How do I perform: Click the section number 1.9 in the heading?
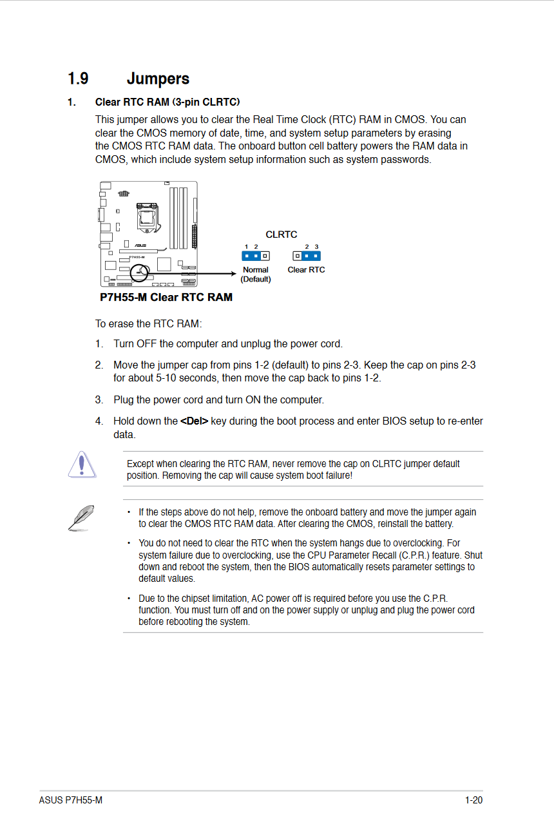78,79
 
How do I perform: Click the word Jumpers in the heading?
158,79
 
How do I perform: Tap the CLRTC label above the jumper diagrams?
282,235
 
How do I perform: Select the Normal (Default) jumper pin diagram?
256,256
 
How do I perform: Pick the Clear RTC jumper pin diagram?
306,256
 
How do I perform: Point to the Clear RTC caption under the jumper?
306,270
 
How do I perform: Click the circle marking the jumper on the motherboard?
139,274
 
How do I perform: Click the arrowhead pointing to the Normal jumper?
233,274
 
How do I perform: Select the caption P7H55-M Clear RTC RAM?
166,297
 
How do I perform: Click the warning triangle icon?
82,465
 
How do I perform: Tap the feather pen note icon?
81,517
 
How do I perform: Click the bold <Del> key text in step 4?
194,421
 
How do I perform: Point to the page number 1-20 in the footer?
473,800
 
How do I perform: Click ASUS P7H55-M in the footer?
70,800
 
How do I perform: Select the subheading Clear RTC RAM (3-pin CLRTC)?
167,102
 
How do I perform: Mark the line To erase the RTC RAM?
149,323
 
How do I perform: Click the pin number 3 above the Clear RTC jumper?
316,247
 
